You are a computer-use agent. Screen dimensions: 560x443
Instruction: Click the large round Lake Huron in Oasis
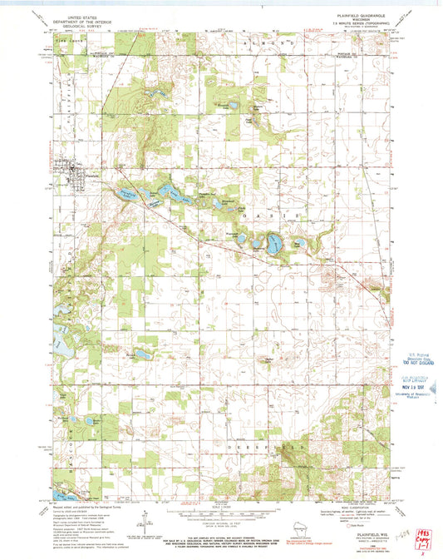coord(273,243)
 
